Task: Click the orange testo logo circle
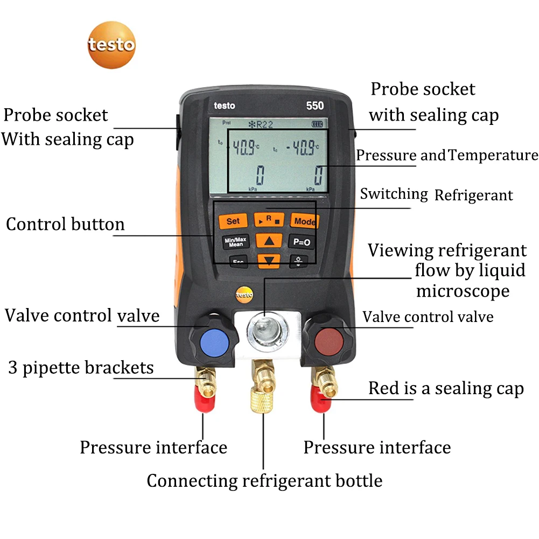[x=111, y=44]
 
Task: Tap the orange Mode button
[x=304, y=221]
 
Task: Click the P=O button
[x=301, y=242]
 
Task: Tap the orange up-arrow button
[x=269, y=241]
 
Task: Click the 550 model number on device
[x=315, y=106]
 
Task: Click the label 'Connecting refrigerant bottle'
[x=264, y=480]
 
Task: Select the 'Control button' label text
[x=65, y=225]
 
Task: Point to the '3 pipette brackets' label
[x=81, y=368]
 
